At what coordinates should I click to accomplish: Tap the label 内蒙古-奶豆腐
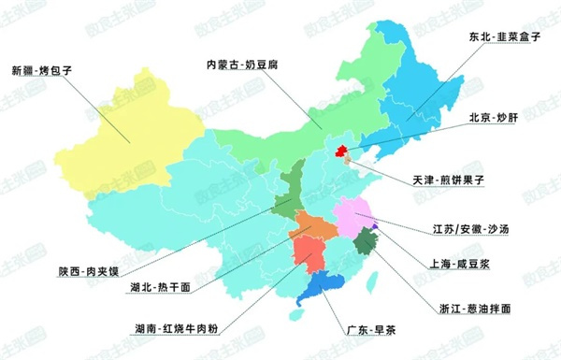(x=244, y=65)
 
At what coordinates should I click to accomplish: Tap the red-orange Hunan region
(x=308, y=253)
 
